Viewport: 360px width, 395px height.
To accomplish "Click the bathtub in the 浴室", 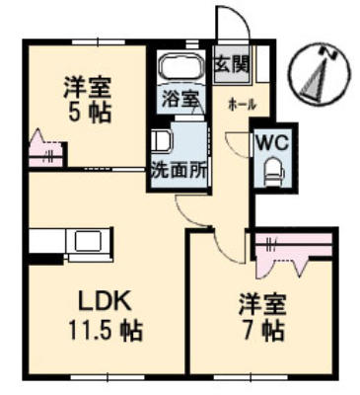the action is point(181,66).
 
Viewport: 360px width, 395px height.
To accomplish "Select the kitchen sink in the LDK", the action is point(88,241).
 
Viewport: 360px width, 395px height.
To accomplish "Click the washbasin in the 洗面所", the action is point(162,141).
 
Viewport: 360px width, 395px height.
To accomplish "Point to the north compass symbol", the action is point(320,74).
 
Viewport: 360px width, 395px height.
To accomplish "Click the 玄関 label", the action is point(232,64).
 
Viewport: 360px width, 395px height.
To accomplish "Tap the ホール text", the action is point(242,106).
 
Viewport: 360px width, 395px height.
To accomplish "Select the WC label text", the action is point(273,143).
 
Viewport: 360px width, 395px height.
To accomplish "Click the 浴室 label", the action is point(180,98).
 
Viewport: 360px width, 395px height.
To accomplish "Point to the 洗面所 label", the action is point(180,171).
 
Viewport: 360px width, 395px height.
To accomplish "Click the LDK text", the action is point(105,301).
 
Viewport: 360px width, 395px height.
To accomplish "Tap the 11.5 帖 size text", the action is point(106,330).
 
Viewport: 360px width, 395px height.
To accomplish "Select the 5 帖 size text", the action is point(89,113).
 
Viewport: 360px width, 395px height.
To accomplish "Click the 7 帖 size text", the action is point(263,330).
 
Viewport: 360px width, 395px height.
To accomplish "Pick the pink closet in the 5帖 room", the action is point(45,150).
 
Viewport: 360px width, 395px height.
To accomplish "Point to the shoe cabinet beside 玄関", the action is point(263,64).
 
